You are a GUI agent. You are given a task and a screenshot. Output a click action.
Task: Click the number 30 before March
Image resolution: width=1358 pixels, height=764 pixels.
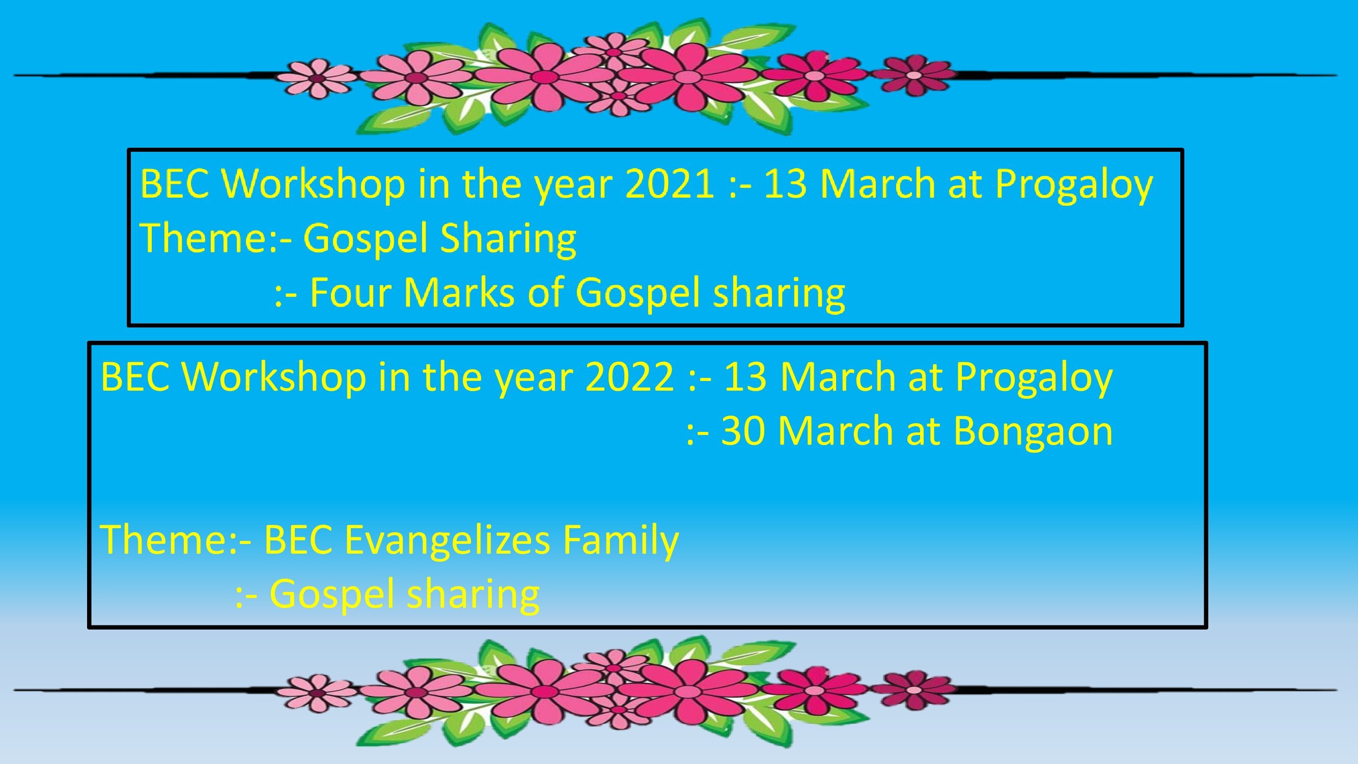tap(743, 431)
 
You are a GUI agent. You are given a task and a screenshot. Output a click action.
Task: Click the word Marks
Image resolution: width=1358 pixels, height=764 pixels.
tap(459, 293)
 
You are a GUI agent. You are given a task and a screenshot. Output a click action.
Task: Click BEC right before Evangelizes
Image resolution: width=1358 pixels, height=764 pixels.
tap(298, 540)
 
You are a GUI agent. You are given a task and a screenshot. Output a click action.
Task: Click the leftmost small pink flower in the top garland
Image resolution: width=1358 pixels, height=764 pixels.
tap(317, 78)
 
